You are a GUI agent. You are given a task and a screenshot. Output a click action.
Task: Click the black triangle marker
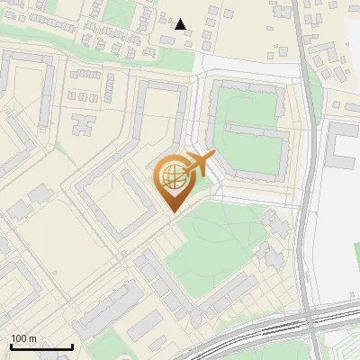(x=181, y=24)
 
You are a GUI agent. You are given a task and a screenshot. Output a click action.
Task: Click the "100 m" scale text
(x=24, y=338)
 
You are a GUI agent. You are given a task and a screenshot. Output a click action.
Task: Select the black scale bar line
(x=41, y=346)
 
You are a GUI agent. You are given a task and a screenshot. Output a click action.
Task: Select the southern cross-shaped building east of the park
(x=270, y=256)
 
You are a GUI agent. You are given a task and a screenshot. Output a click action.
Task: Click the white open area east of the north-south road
(x=337, y=234)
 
